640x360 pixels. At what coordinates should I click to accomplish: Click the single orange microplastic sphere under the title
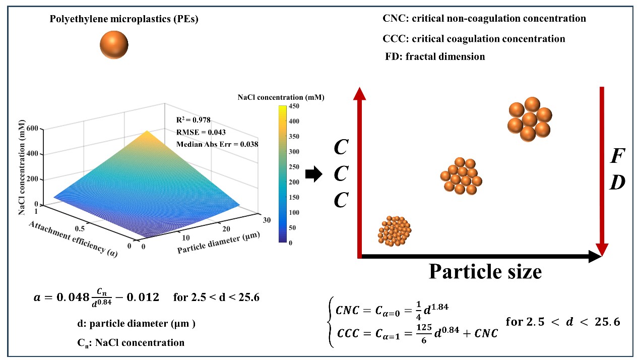[x=114, y=45]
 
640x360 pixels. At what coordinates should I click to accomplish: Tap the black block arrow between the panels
[x=313, y=174]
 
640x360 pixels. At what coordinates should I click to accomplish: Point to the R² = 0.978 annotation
[x=194, y=120]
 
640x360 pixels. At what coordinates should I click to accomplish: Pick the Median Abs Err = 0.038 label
[x=217, y=144]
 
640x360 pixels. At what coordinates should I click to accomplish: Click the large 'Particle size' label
[x=485, y=272]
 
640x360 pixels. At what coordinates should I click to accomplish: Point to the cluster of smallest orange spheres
[x=394, y=231]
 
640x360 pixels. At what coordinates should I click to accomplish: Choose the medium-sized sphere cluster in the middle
[x=461, y=176]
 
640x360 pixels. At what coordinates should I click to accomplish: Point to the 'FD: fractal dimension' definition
[x=435, y=56]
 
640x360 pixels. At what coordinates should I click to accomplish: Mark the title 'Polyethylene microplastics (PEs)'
[x=114, y=20]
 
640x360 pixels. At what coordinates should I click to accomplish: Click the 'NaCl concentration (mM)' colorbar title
[x=281, y=97]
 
